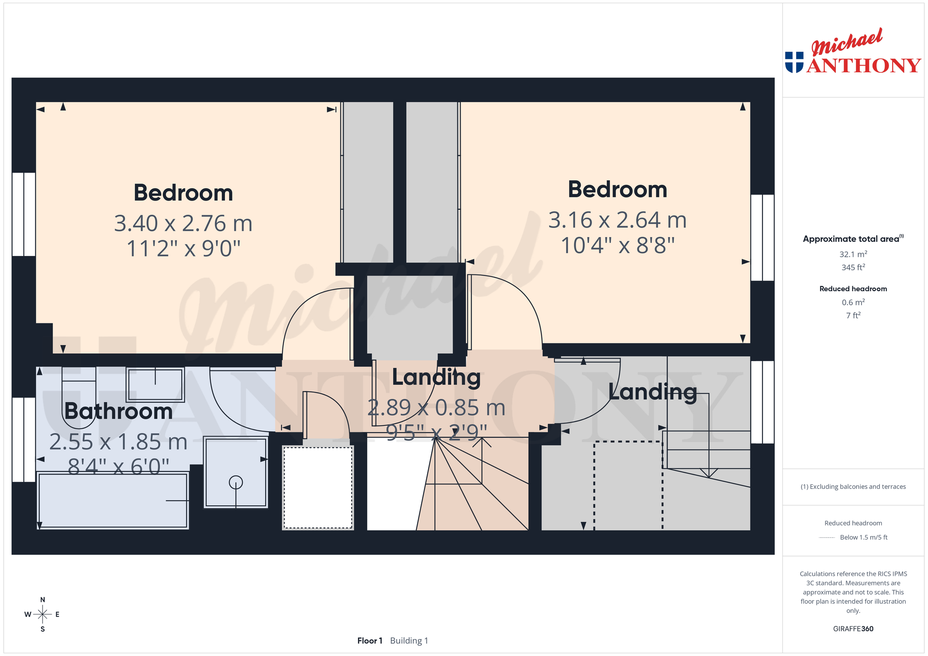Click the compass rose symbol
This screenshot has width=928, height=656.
(x=43, y=614)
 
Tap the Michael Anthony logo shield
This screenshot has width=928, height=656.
(x=794, y=62)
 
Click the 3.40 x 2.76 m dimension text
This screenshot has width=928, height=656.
(x=183, y=223)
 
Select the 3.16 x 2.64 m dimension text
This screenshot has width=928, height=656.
(x=617, y=220)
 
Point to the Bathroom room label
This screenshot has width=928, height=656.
(x=119, y=411)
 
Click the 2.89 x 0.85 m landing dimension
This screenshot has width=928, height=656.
(x=436, y=407)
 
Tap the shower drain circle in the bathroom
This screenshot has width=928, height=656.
(x=236, y=482)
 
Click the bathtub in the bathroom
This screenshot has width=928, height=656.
(x=113, y=501)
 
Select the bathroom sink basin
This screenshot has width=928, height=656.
(x=155, y=385)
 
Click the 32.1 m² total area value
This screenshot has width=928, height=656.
(x=853, y=255)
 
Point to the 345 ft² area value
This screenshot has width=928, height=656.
(x=853, y=267)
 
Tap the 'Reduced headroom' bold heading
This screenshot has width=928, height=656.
(x=853, y=289)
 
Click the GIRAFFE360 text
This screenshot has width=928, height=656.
(x=853, y=629)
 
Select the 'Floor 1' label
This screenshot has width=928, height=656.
(x=370, y=640)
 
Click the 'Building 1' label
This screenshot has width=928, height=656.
(x=409, y=640)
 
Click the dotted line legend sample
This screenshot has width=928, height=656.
(x=827, y=537)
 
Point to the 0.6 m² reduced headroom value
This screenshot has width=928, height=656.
(x=853, y=302)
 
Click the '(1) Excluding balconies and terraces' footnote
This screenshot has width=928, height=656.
(x=853, y=487)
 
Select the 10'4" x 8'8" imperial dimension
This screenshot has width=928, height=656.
(x=617, y=246)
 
